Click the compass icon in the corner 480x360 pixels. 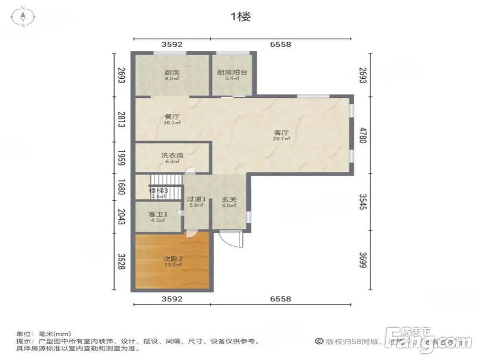23,17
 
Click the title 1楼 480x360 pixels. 240,17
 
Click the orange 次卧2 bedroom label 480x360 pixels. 172,261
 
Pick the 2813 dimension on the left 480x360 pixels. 121,119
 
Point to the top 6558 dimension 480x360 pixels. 280,44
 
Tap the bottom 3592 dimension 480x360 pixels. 172,299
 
